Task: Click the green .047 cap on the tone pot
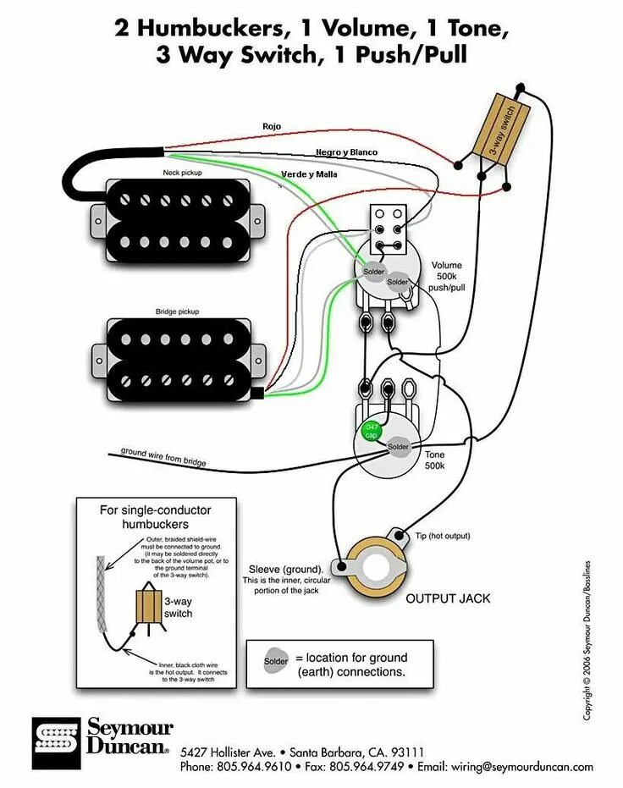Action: [371, 431]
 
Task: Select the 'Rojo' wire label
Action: [271, 126]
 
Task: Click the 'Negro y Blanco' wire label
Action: [346, 152]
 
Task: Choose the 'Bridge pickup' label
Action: [177, 311]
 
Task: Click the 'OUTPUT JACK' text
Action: [448, 598]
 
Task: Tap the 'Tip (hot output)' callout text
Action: [443, 536]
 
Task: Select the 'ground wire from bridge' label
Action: [163, 458]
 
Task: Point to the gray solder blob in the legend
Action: [276, 660]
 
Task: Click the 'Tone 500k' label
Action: [434, 460]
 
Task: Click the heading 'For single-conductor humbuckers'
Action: [155, 517]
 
